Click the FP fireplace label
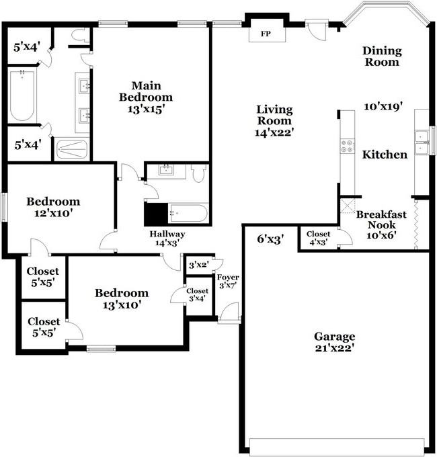click(266, 32)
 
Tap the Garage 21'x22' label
click(334, 342)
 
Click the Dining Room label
click(381, 56)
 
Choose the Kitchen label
click(385, 155)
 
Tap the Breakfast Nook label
click(381, 224)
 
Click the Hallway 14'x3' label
click(167, 239)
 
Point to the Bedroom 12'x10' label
click(53, 207)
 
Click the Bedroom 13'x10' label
click(121, 298)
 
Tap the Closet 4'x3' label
click(318, 238)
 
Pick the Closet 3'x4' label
click(197, 294)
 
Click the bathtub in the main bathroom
click(22, 97)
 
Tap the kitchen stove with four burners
click(348, 146)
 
